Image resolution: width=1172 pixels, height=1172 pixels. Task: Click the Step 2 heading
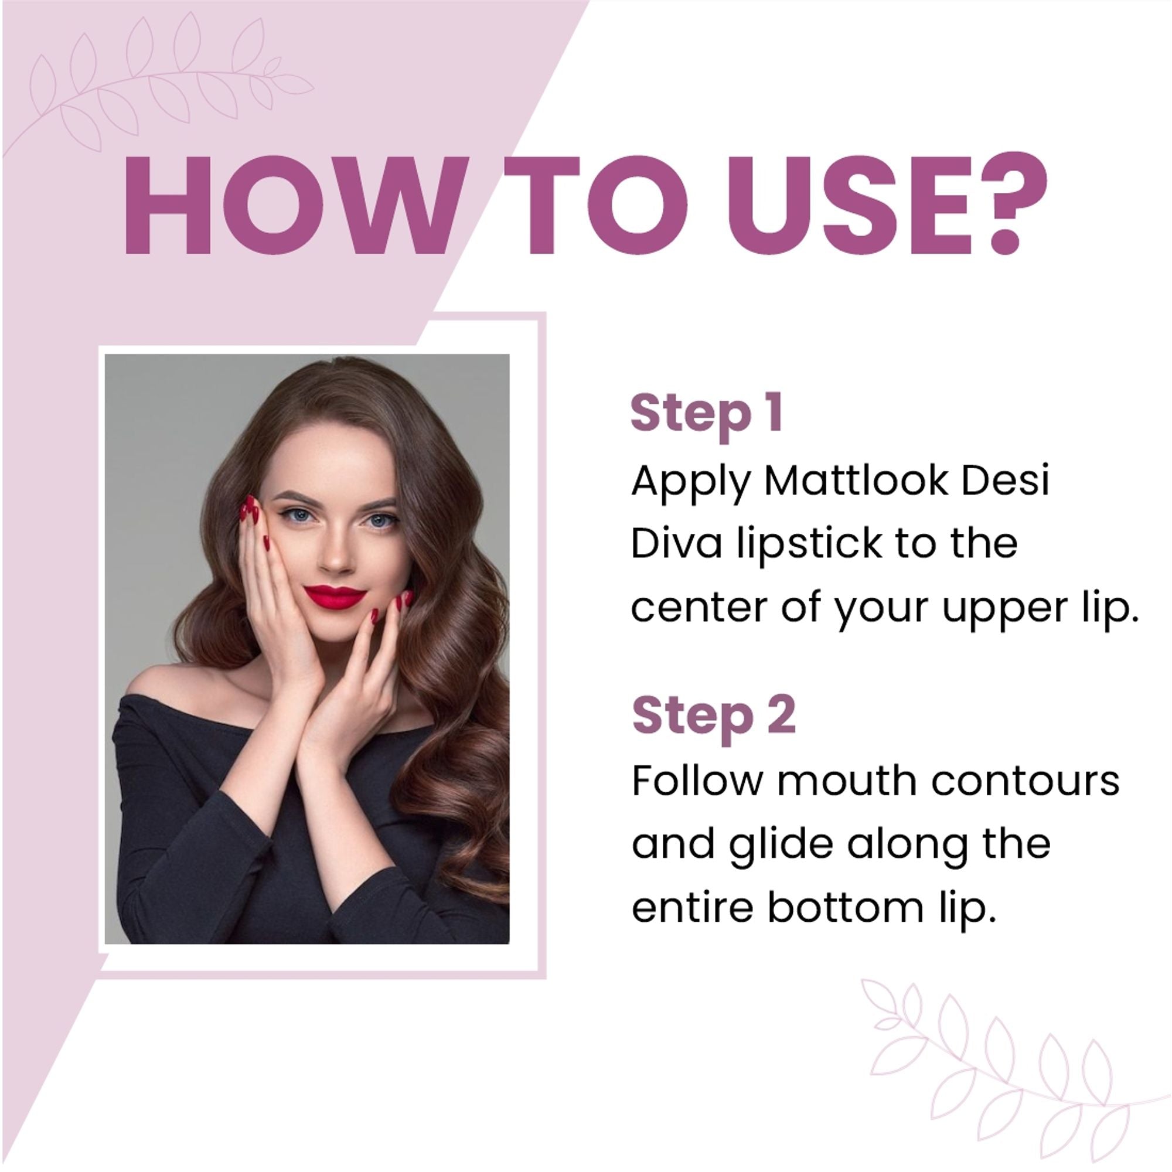click(x=713, y=716)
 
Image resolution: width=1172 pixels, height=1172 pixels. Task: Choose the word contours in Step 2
click(x=1025, y=781)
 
